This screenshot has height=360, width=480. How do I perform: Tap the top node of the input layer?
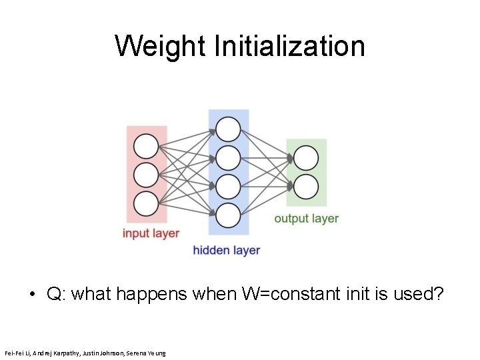click(x=146, y=146)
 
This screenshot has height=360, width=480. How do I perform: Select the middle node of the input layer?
click(x=146, y=175)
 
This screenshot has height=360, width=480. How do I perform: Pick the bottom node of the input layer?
click(x=146, y=203)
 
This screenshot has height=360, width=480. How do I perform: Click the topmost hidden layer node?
click(x=228, y=129)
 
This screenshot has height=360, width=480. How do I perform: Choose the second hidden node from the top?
click(x=228, y=157)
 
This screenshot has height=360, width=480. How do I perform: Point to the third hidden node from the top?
click(x=228, y=186)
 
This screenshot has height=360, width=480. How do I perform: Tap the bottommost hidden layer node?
click(x=228, y=215)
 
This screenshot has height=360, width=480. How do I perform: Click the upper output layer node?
click(x=306, y=158)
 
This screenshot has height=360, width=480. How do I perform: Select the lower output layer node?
click(x=306, y=187)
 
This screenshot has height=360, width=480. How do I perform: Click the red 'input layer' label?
click(x=151, y=233)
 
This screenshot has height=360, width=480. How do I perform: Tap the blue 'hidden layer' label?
click(x=226, y=251)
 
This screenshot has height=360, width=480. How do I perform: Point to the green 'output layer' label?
click(x=306, y=218)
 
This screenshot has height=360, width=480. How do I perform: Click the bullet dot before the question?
click(x=32, y=294)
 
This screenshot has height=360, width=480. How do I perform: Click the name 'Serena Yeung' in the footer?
click(x=147, y=352)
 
